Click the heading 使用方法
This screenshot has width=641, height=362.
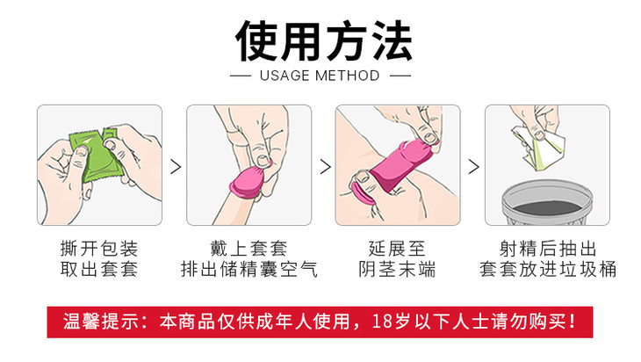tap(323, 41)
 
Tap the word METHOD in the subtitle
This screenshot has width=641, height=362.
tap(348, 76)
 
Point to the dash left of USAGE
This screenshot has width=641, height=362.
tap(241, 76)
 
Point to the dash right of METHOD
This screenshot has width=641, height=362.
tap(400, 76)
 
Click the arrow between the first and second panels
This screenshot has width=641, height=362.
tap(176, 166)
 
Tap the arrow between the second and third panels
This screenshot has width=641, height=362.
tap(326, 166)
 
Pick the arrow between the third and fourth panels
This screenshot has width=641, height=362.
tap(473, 166)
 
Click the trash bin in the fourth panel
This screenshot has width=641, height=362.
tap(547, 202)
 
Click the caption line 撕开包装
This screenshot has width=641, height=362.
tap(99, 249)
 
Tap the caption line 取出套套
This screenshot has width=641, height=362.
tap(99, 269)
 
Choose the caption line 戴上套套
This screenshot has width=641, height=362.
tap(249, 249)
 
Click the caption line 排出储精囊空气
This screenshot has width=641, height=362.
tap(249, 269)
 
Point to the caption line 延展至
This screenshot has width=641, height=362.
tap(398, 249)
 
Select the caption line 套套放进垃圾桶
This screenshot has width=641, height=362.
tap(548, 269)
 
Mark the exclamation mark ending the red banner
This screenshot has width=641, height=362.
tap(572, 322)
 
